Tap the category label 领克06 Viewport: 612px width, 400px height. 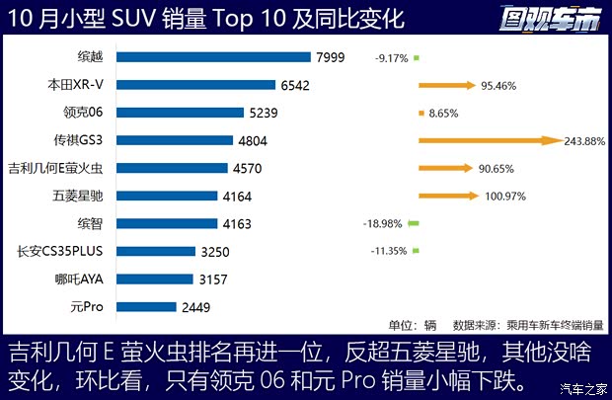click(x=83, y=114)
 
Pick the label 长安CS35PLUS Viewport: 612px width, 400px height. click(x=65, y=251)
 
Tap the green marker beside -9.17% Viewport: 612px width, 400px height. click(x=417, y=58)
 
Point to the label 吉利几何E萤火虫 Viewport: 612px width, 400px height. click(x=60, y=168)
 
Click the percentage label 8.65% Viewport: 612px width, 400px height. click(x=450, y=114)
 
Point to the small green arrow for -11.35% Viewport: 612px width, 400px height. click(x=417, y=251)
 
